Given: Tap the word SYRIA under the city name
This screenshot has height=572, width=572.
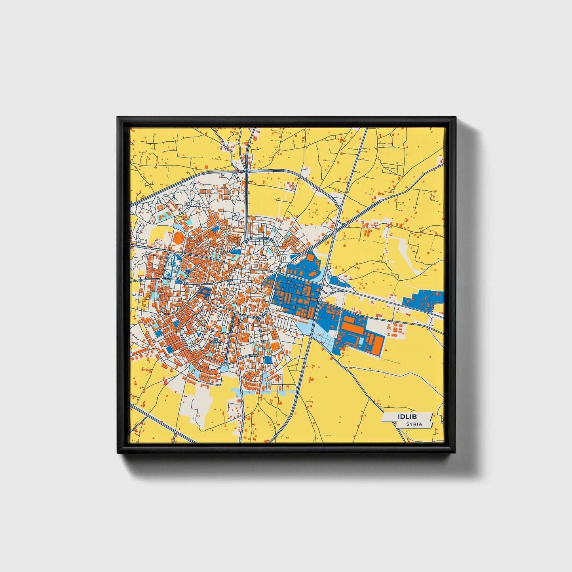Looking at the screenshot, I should pyautogui.click(x=414, y=424).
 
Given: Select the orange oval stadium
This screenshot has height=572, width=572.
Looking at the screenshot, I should pyautogui.click(x=179, y=238).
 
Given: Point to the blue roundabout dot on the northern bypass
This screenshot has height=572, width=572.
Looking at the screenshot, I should pyautogui.click(x=247, y=171).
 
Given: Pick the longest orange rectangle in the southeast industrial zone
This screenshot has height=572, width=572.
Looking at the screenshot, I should pyautogui.click(x=354, y=329).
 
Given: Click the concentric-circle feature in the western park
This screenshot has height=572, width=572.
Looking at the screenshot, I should pyautogui.click(x=173, y=262).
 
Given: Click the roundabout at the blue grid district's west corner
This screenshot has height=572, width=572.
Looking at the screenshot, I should pyautogui.click(x=278, y=271).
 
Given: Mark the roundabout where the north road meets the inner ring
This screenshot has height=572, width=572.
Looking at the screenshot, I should pyautogui.click(x=246, y=240).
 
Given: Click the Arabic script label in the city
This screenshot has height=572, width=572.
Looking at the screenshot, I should pyautogui.click(x=215, y=340).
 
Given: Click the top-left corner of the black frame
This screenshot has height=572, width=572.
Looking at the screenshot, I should pyautogui.click(x=118, y=118).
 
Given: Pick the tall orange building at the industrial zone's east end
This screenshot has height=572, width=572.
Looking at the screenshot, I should pyautogui.click(x=378, y=344).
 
